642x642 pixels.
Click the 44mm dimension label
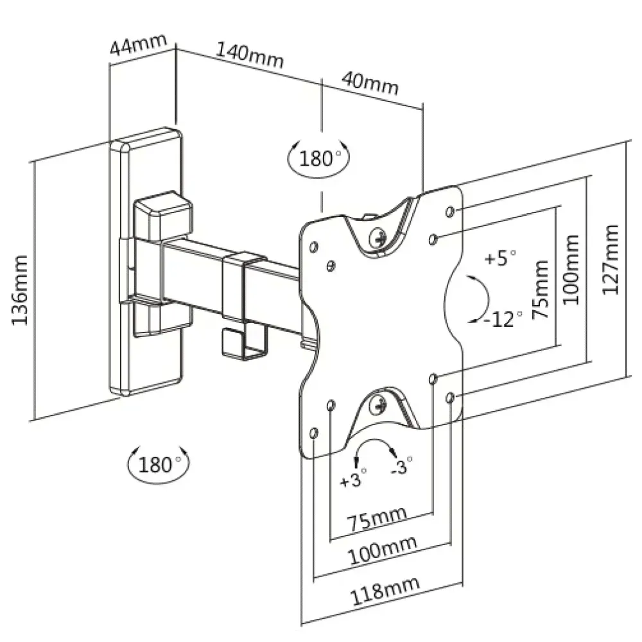click(139, 44)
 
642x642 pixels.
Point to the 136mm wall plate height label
click(20, 290)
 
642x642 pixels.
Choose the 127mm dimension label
click(610, 259)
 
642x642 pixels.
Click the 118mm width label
click(385, 590)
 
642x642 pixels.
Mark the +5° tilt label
click(500, 258)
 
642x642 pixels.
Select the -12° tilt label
click(503, 319)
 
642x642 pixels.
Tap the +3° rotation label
click(353, 478)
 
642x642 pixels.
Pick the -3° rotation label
click(401, 465)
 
